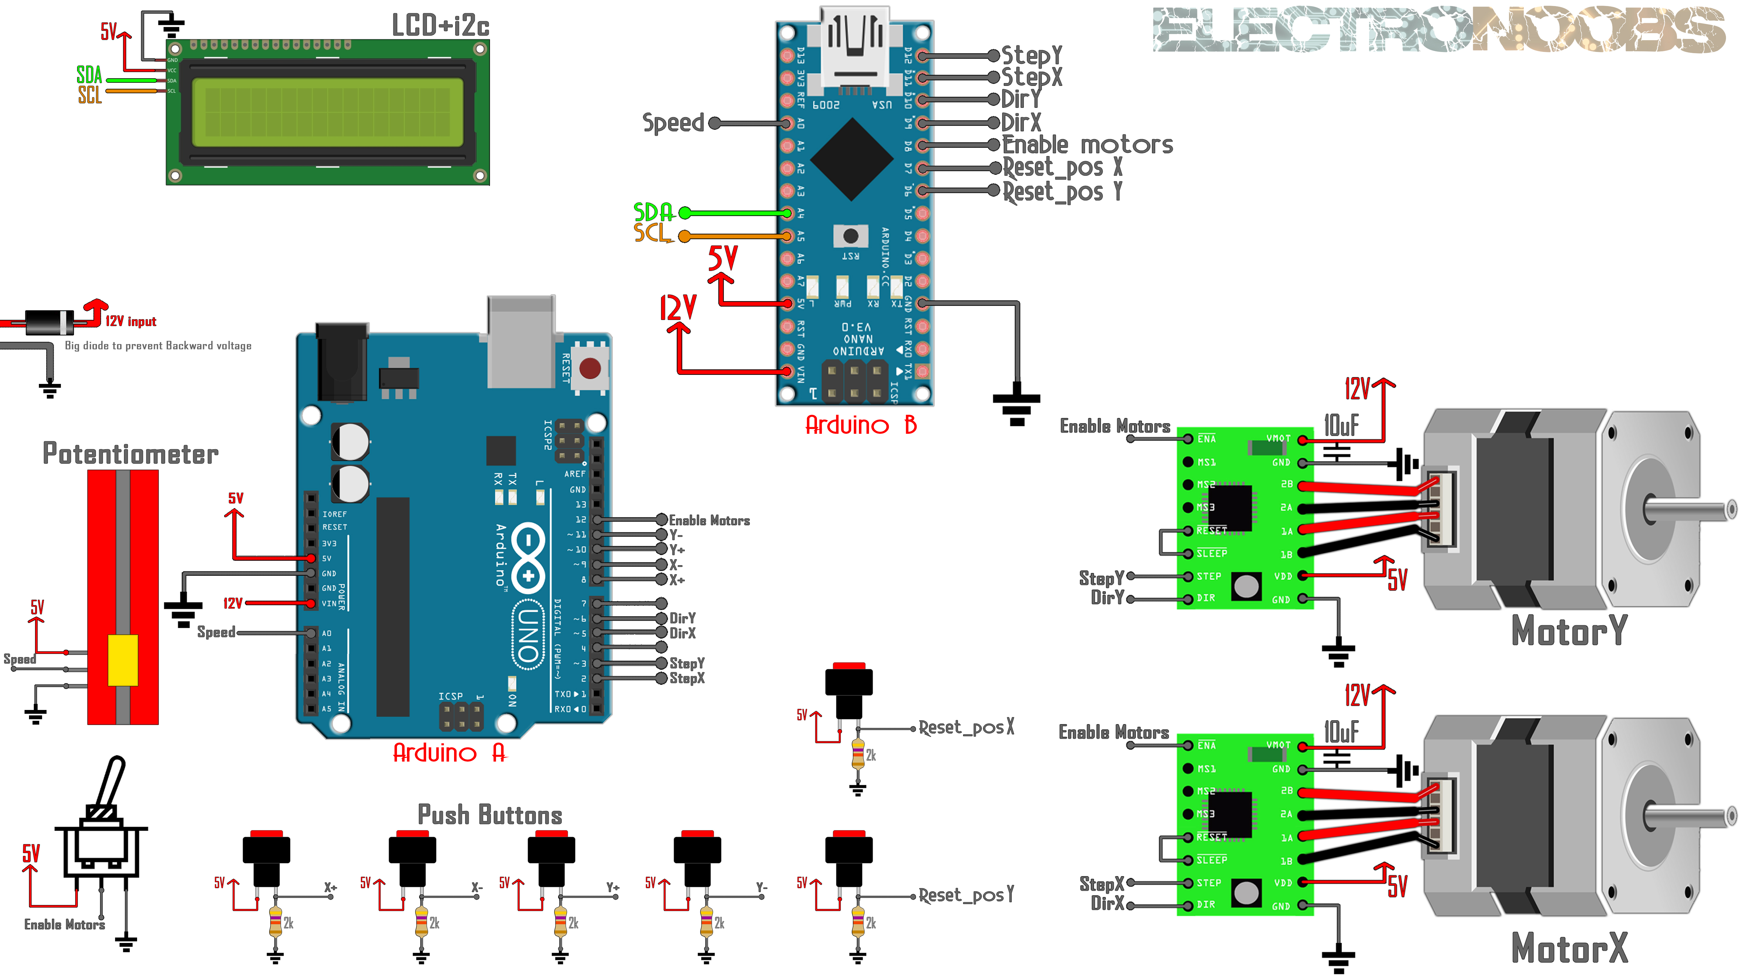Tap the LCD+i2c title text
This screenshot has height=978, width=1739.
(440, 26)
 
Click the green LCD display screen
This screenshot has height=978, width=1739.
(327, 112)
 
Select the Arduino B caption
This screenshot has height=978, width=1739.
(861, 425)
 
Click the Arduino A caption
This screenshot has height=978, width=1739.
(449, 753)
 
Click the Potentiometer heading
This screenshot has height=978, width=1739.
(130, 454)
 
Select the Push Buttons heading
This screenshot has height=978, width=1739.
(489, 815)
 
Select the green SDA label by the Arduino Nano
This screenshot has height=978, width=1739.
(653, 212)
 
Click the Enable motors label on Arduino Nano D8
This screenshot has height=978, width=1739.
(1087, 145)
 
